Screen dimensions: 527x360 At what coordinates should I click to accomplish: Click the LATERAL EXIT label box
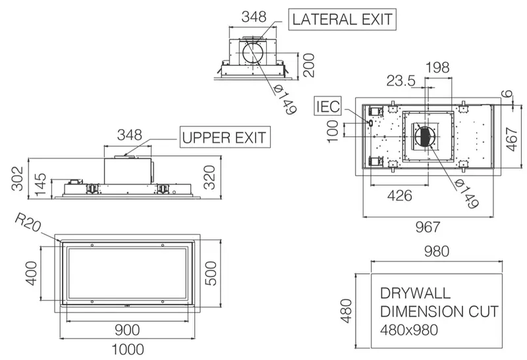pos(342,20)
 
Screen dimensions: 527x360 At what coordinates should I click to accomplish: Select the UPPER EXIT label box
pos(225,137)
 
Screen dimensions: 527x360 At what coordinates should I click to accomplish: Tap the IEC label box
pos(327,106)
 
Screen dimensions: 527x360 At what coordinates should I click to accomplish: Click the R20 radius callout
pos(28,223)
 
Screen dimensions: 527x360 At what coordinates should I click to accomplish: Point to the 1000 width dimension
pos(128,350)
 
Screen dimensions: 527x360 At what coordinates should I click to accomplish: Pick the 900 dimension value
pos(127,330)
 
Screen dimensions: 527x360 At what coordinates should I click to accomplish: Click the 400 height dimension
pos(32,273)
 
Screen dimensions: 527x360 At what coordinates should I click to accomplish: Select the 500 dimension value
pos(211,273)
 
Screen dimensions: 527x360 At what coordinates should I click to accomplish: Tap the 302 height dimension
pos(18,178)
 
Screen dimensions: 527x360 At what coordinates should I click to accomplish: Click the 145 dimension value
pos(40,185)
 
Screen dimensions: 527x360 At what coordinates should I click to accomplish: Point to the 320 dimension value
pos(209,177)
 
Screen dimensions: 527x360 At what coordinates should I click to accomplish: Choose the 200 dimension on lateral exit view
pos(308,65)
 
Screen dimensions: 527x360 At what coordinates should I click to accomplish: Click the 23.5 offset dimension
pos(401,81)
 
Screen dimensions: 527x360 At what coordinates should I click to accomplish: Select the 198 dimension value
pos(437,68)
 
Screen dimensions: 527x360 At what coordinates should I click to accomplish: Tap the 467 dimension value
pos(511,139)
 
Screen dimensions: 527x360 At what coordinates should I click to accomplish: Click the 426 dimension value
pos(400,195)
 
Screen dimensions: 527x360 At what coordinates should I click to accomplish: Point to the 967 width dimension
pos(428,227)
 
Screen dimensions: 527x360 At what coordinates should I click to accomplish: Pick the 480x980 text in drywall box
pos(409,330)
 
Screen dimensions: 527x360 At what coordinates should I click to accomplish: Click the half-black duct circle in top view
pos(424,137)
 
